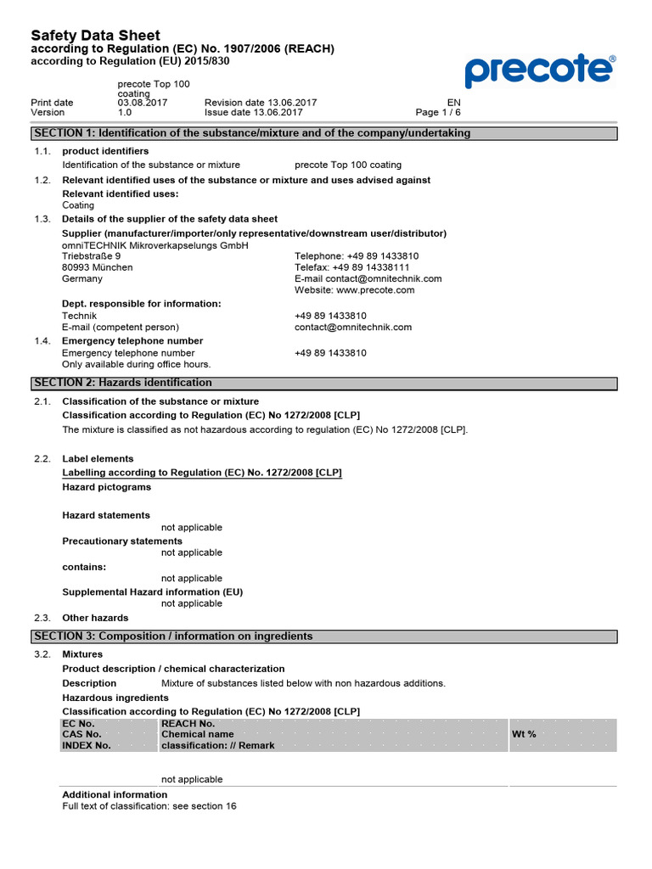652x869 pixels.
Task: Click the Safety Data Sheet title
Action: click(x=95, y=36)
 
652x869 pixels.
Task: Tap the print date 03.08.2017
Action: click(x=143, y=103)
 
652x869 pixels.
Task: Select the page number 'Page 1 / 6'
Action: click(x=438, y=112)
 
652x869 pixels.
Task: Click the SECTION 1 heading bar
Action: click(x=323, y=133)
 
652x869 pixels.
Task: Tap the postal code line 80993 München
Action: click(x=98, y=267)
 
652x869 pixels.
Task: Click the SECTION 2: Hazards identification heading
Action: click(x=123, y=383)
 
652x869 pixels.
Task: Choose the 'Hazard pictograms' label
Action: click(x=107, y=487)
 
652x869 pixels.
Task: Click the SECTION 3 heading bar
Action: click(x=323, y=636)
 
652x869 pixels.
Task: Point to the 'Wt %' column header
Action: click(x=524, y=734)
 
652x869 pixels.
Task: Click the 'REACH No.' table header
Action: click(x=188, y=723)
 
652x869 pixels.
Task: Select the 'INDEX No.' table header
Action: click(x=87, y=745)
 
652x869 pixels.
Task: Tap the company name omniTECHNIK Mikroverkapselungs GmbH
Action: click(x=155, y=245)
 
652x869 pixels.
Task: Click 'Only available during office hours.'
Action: click(x=137, y=364)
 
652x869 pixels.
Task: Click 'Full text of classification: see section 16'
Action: click(x=149, y=805)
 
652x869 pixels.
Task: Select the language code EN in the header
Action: click(x=453, y=103)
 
